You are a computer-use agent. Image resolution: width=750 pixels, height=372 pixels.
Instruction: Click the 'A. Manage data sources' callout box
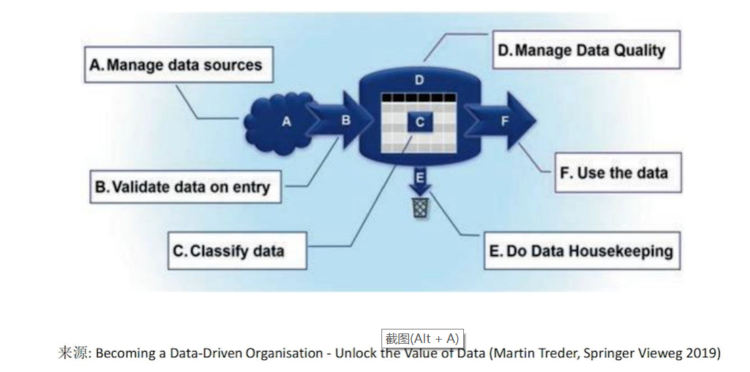(x=175, y=65)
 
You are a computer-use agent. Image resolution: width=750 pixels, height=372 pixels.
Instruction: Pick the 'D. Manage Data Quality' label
(x=585, y=50)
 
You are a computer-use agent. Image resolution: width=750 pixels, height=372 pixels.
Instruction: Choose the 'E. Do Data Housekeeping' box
(x=582, y=251)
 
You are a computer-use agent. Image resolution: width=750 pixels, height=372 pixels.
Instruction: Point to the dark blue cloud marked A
(x=281, y=122)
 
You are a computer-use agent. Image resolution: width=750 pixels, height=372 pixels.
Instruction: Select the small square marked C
(x=420, y=122)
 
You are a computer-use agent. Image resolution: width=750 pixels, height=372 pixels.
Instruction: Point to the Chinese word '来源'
(x=73, y=353)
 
